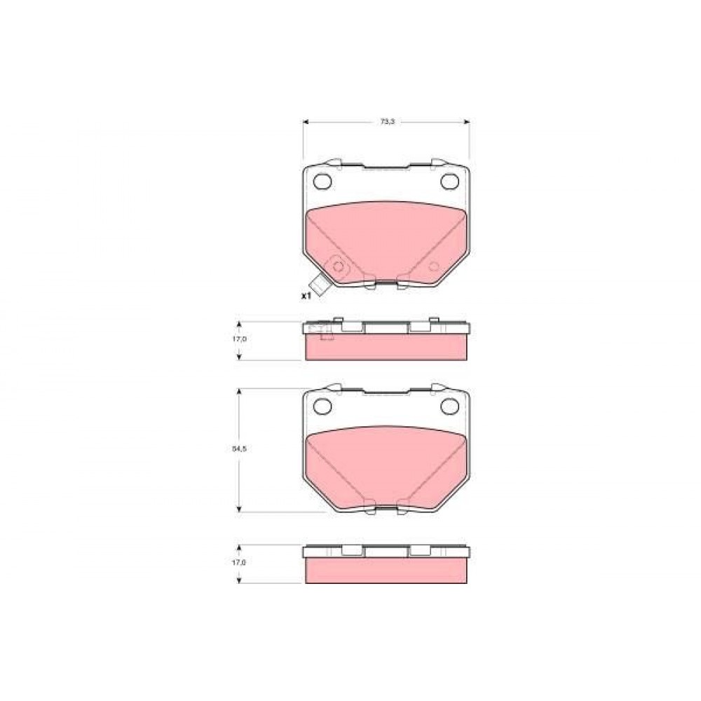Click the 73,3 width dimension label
[x=387, y=121]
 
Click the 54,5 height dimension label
[x=239, y=449]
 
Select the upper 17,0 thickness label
[x=239, y=339]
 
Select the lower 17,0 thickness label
[x=239, y=562]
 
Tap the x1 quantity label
[x=306, y=296]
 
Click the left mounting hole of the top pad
[x=322, y=181]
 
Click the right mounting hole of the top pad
[x=449, y=181]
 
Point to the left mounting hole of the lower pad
[x=322, y=406]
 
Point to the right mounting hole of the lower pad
[x=449, y=406]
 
